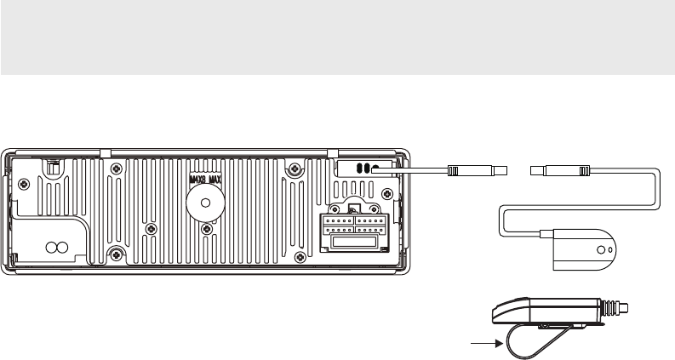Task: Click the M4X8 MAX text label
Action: point(203,180)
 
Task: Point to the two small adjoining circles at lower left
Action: point(56,248)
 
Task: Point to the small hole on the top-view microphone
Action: point(602,251)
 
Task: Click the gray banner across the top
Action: point(337,37)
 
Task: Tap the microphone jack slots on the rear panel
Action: point(364,168)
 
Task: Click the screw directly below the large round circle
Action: point(203,229)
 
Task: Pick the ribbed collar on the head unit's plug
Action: point(454,170)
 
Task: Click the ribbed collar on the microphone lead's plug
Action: point(582,170)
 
